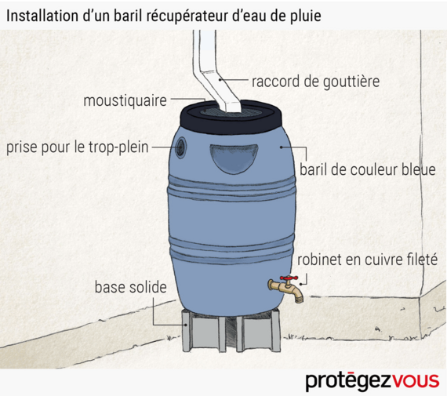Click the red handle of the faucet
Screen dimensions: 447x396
pos(289,278)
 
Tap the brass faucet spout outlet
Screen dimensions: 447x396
pos(299,300)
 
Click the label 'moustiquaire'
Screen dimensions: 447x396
pos(125,100)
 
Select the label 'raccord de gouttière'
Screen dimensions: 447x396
pos(315,82)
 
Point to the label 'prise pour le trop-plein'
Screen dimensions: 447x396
pos(78,147)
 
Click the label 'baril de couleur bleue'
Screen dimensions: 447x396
pos(368,170)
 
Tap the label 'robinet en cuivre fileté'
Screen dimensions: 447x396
pos(367,260)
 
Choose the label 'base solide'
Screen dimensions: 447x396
pos(130,287)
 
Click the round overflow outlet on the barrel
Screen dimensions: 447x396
pos(180,147)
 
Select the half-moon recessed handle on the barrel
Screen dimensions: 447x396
pos(234,158)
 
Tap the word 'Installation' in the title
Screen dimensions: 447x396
pos(42,16)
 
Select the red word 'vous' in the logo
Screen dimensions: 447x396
pos(416,380)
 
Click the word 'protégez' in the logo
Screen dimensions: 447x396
pos(349,381)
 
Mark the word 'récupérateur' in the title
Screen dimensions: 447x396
pos(187,16)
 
